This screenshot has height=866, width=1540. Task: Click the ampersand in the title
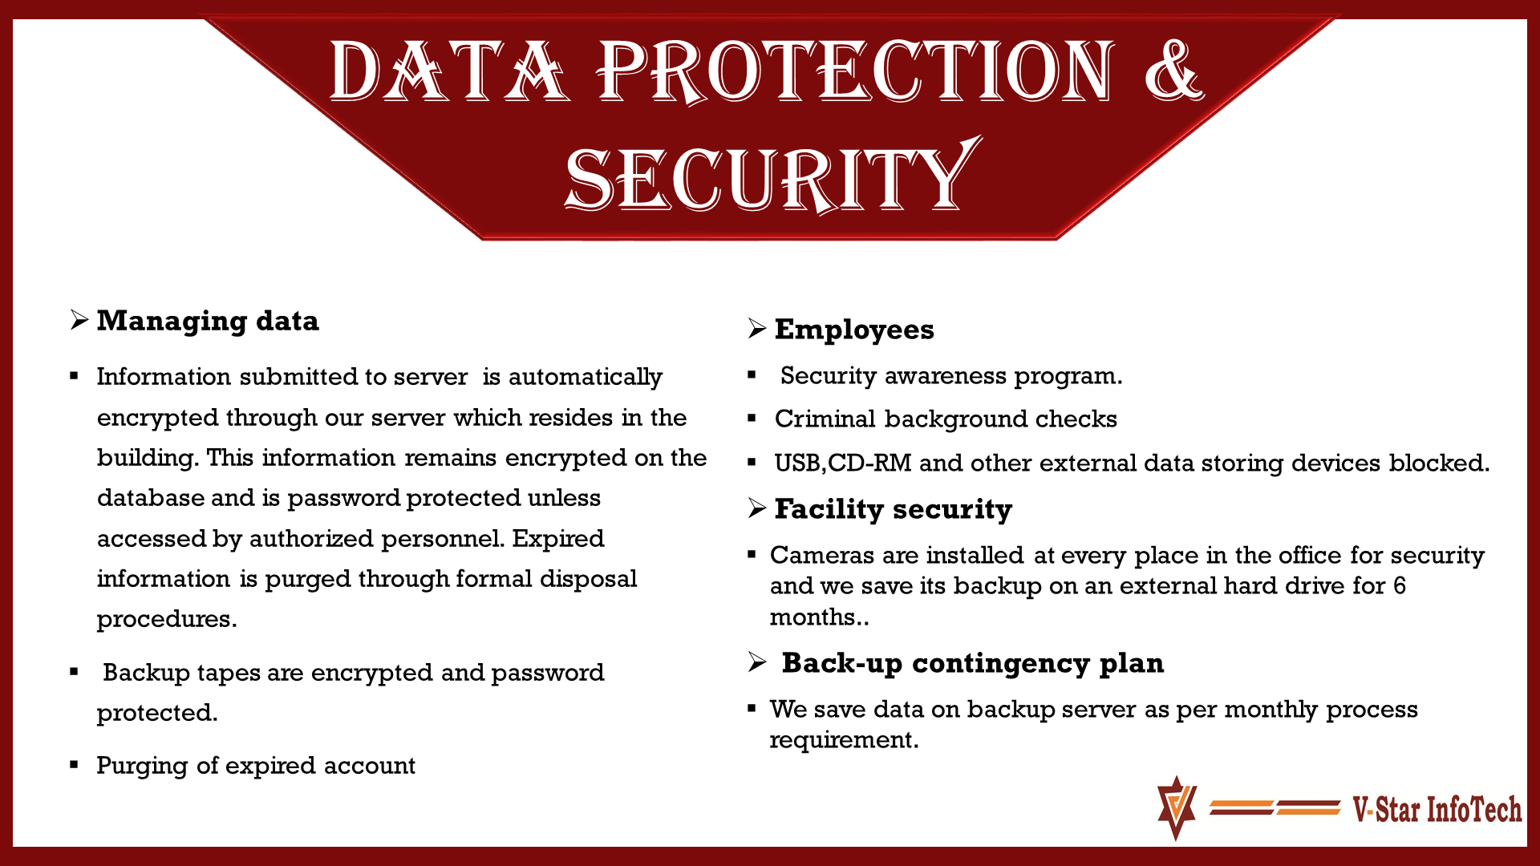1173,71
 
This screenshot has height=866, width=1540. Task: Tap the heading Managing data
208,321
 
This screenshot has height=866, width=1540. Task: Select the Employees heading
854,330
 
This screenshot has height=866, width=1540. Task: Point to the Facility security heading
893,509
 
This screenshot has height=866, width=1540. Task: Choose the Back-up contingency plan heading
972,663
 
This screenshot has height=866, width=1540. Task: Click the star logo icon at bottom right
1177,807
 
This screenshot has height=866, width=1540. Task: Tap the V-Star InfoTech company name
1437,809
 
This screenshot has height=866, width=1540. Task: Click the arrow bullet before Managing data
79,320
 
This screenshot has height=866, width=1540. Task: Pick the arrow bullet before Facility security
756,508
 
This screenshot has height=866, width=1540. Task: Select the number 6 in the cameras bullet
1399,585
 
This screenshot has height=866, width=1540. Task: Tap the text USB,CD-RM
842,463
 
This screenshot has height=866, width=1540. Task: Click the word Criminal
825,419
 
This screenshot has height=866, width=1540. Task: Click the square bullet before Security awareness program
752,374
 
